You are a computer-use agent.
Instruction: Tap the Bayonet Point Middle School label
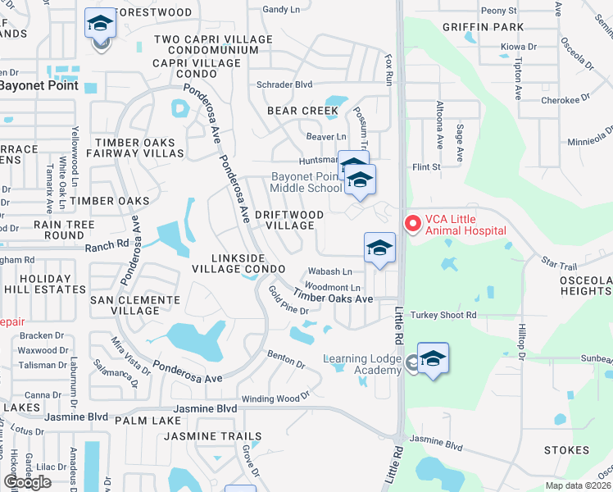[x=306, y=182]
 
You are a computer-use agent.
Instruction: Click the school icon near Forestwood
[x=100, y=25]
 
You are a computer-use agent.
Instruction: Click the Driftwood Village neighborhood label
[x=288, y=220]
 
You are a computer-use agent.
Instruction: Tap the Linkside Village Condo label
[x=238, y=262]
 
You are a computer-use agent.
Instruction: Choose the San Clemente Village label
[x=135, y=306]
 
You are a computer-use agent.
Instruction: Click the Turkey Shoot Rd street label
[x=445, y=315]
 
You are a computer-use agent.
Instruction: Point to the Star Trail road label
[x=560, y=264]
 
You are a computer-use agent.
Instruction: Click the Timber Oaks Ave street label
[x=334, y=298]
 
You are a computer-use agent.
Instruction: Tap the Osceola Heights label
[x=585, y=286]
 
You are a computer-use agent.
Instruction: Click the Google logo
[x=27, y=482]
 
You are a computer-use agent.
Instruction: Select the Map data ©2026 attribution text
[x=579, y=485]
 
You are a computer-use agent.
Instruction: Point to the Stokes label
[x=566, y=450]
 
